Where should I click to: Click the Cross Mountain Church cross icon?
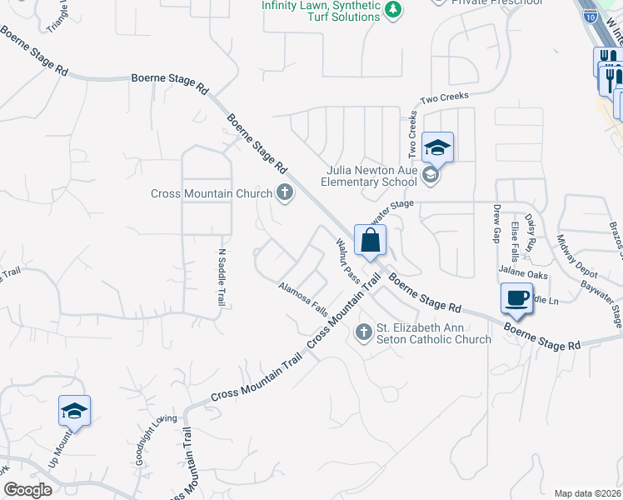285,193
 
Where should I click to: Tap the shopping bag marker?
369,240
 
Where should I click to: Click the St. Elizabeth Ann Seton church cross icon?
363,332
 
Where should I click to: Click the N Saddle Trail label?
222,277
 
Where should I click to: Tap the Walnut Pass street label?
346,259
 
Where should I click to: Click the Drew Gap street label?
496,222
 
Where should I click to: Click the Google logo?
27,490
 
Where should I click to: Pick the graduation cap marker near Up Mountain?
74,411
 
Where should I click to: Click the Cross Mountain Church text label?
212,193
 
